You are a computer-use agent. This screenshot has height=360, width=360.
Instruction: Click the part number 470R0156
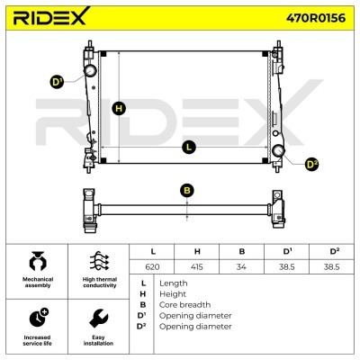click(x=316, y=18)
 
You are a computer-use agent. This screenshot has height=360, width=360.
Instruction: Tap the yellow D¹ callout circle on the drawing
click(x=57, y=82)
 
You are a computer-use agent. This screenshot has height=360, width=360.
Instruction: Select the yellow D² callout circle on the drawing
click(x=311, y=164)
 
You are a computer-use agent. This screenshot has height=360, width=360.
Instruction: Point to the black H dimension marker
click(x=119, y=108)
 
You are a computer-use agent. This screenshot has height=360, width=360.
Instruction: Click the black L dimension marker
click(x=189, y=148)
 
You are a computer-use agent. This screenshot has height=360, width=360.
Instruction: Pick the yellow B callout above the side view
click(x=187, y=191)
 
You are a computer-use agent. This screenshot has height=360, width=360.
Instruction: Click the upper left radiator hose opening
click(x=90, y=70)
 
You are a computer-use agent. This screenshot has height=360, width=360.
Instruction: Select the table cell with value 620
click(x=152, y=266)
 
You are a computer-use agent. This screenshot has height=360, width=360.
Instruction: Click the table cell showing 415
click(x=197, y=266)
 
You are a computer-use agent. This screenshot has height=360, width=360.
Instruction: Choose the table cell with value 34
click(x=241, y=266)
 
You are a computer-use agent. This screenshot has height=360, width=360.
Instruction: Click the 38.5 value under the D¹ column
click(x=286, y=266)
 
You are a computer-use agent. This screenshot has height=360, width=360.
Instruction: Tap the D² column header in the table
click(x=331, y=251)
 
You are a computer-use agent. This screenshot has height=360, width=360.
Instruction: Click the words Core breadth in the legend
click(x=184, y=305)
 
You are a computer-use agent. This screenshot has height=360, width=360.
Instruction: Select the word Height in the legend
click(x=173, y=294)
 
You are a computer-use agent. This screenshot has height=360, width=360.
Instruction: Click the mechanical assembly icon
click(x=38, y=262)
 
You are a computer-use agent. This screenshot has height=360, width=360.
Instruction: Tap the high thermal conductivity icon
click(x=99, y=261)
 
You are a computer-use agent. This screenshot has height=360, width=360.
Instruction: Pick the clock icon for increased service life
click(x=39, y=318)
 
